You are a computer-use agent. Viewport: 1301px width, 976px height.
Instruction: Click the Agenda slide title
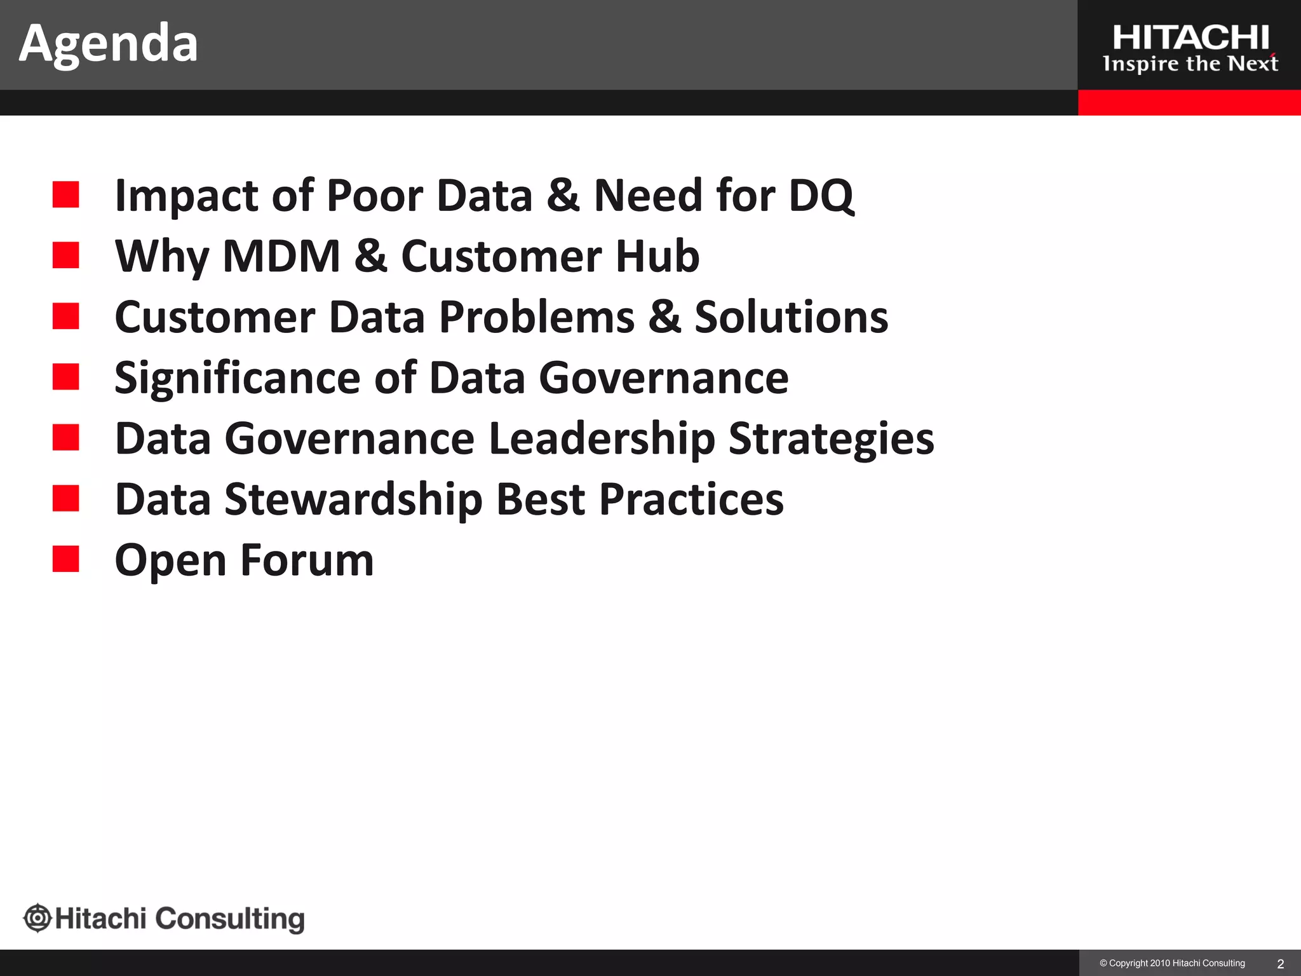(109, 43)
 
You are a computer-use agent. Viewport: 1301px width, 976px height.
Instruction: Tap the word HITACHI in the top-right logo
(1190, 38)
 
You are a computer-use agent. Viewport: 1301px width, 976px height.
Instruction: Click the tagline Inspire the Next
(1190, 64)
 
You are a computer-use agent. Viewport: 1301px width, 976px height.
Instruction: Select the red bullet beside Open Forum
(66, 559)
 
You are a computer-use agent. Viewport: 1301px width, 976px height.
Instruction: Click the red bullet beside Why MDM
(66, 255)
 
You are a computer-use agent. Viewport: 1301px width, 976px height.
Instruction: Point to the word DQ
(821, 195)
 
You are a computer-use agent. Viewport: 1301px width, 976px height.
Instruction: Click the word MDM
(282, 256)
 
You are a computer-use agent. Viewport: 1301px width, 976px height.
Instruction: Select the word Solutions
(791, 316)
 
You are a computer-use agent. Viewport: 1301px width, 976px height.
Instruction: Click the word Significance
(237, 378)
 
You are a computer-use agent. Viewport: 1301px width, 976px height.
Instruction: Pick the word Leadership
(602, 439)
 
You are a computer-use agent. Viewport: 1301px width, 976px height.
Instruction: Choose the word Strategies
(831, 439)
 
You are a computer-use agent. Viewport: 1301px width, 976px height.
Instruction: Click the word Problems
(537, 316)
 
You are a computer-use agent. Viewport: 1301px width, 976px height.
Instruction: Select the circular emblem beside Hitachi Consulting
(37, 918)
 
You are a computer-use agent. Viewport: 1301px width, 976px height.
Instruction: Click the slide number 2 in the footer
(1280, 964)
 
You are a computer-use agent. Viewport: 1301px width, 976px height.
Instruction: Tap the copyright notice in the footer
(1172, 963)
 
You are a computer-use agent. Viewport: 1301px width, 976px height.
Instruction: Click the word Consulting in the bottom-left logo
(230, 919)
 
